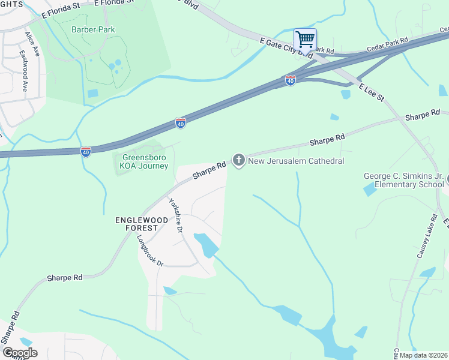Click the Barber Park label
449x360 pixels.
tap(93, 29)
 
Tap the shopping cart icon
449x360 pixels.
tap(305, 40)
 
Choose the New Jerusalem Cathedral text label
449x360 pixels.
tap(296, 161)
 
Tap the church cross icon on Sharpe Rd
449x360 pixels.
tap(239, 160)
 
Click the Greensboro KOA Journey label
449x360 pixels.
tap(141, 162)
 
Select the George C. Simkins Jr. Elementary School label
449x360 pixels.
tap(404, 181)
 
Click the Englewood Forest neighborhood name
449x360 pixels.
tap(137, 224)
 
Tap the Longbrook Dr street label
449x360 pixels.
tap(149, 250)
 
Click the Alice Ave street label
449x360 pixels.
tap(32, 44)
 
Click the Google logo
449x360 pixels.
tap(20, 353)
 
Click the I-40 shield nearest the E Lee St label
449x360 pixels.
tap(291, 80)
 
